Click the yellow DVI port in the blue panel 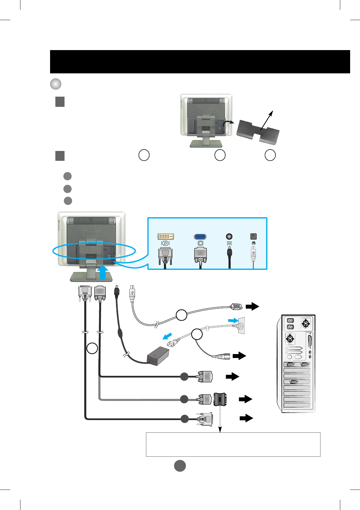pos(165,236)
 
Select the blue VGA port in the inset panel pos(200,236)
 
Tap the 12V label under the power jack pos(229,243)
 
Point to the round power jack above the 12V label pos(229,236)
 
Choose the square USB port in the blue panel pos(253,236)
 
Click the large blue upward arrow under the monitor pos(103,272)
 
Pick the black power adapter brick pos(158,356)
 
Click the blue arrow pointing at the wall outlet pos(233,320)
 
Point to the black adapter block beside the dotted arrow pos(220,399)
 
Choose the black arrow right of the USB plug pos(252,306)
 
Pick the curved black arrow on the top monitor pos(228,122)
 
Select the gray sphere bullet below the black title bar pos(56,84)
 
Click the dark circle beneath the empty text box pos(180,466)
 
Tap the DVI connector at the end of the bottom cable pos(206,419)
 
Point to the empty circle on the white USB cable pos(181,315)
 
